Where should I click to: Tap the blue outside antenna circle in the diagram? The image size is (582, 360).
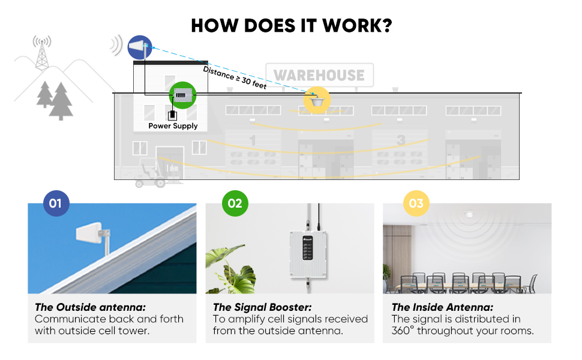pyautogui.click(x=140, y=47)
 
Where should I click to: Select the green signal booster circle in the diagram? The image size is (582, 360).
pyautogui.click(x=182, y=95)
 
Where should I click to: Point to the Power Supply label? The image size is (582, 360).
pyautogui.click(x=173, y=126)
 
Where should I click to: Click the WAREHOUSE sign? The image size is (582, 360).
pyautogui.click(x=319, y=76)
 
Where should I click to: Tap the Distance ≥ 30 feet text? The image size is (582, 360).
pyautogui.click(x=235, y=77)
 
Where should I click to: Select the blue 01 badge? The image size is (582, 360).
pyautogui.click(x=56, y=203)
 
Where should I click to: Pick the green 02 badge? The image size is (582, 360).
pyautogui.click(x=235, y=203)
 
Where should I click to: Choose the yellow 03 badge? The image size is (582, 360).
pyautogui.click(x=416, y=203)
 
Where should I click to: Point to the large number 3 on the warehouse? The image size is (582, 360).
pyautogui.click(x=401, y=140)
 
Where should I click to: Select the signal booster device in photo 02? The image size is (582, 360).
pyautogui.click(x=308, y=256)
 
